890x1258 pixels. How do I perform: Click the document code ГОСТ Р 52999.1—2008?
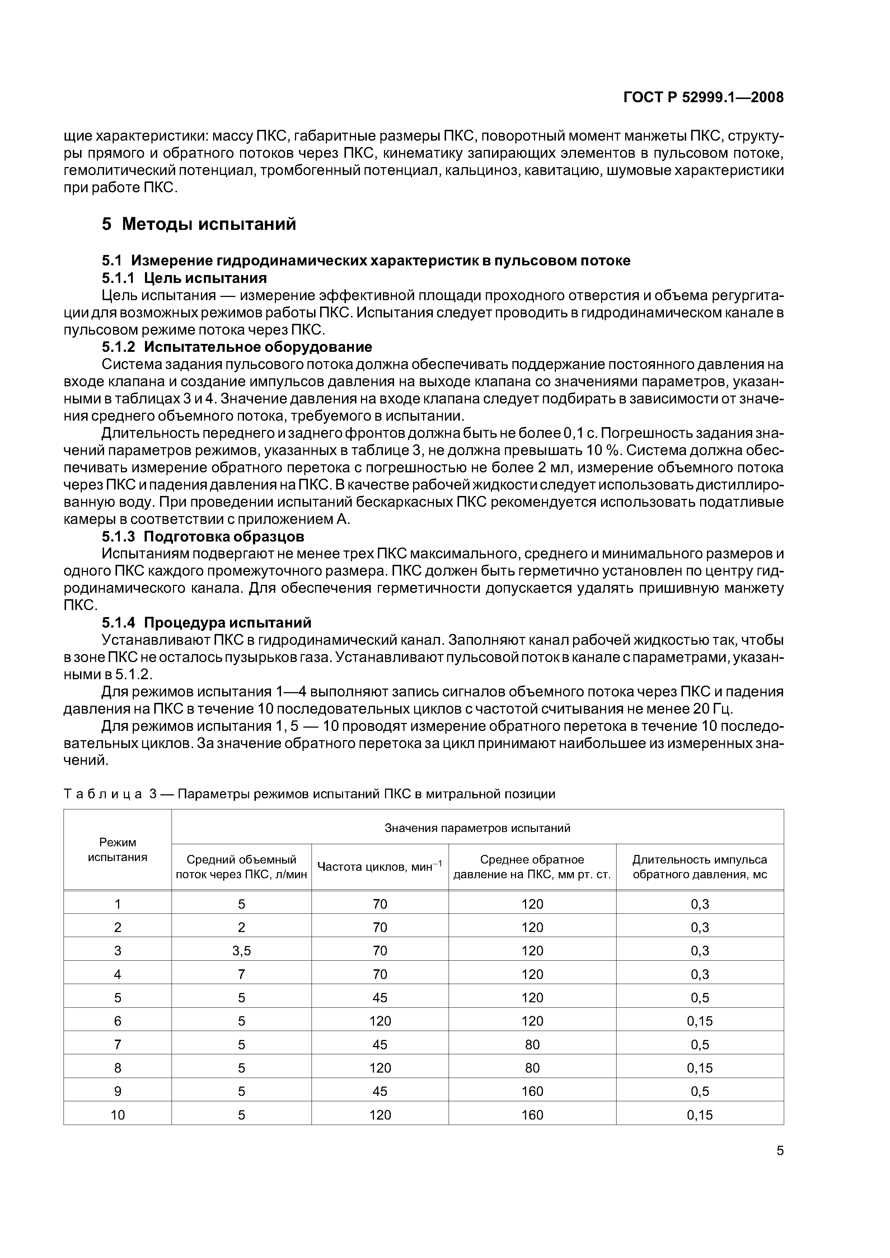tap(703, 98)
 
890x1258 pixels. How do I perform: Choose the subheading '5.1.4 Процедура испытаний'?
tap(207, 623)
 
